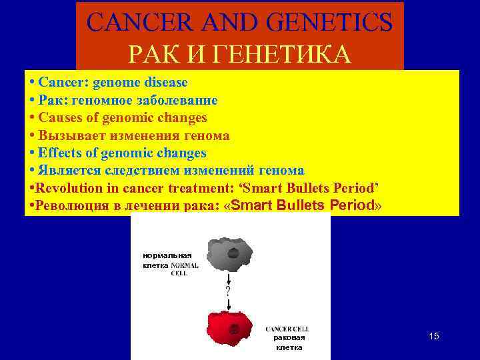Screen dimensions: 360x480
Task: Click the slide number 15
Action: (x=433, y=336)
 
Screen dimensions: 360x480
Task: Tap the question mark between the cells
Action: (x=228, y=291)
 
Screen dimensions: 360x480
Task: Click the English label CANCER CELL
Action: (x=287, y=329)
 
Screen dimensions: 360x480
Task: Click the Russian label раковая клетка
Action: (x=289, y=342)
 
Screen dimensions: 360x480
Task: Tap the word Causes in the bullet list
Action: (x=58, y=117)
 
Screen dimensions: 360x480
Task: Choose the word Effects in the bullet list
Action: (x=59, y=153)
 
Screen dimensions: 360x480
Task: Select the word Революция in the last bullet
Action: (x=68, y=206)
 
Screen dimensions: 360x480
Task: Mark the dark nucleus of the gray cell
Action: (x=233, y=253)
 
